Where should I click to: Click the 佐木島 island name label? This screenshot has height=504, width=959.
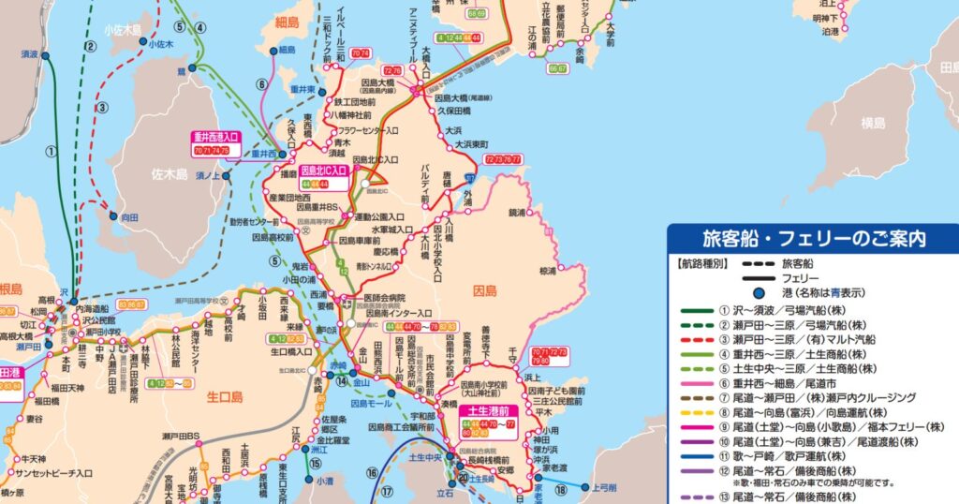click(x=169, y=173)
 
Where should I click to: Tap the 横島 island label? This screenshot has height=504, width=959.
click(x=873, y=123)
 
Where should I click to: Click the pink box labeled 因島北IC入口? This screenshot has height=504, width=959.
click(x=323, y=171)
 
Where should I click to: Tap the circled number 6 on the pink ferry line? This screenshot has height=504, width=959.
click(x=262, y=83)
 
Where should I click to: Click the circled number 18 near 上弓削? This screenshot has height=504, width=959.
click(x=561, y=488)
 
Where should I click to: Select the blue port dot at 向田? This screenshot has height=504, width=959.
click(x=113, y=216)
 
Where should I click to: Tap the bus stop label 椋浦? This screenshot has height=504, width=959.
click(x=547, y=271)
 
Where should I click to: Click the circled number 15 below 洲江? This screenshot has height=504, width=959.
click(x=316, y=464)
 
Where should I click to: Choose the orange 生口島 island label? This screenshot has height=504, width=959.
click(x=224, y=397)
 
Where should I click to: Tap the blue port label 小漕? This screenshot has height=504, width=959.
click(x=324, y=481)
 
